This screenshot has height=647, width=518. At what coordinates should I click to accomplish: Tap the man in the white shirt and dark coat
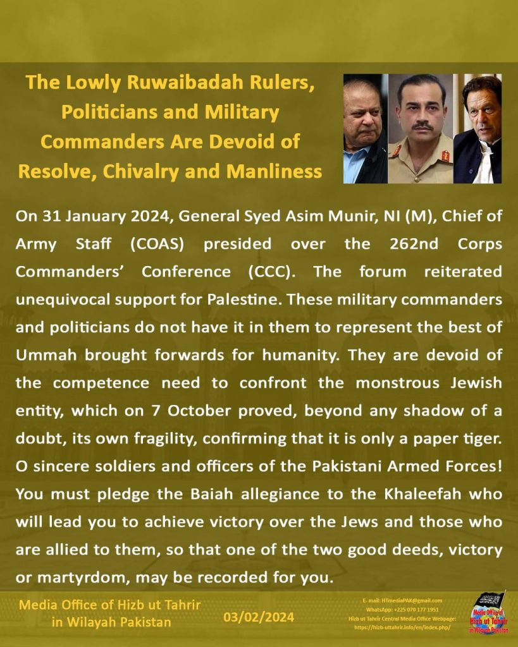[479, 129]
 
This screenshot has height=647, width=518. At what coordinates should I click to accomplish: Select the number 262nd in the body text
[395, 243]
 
